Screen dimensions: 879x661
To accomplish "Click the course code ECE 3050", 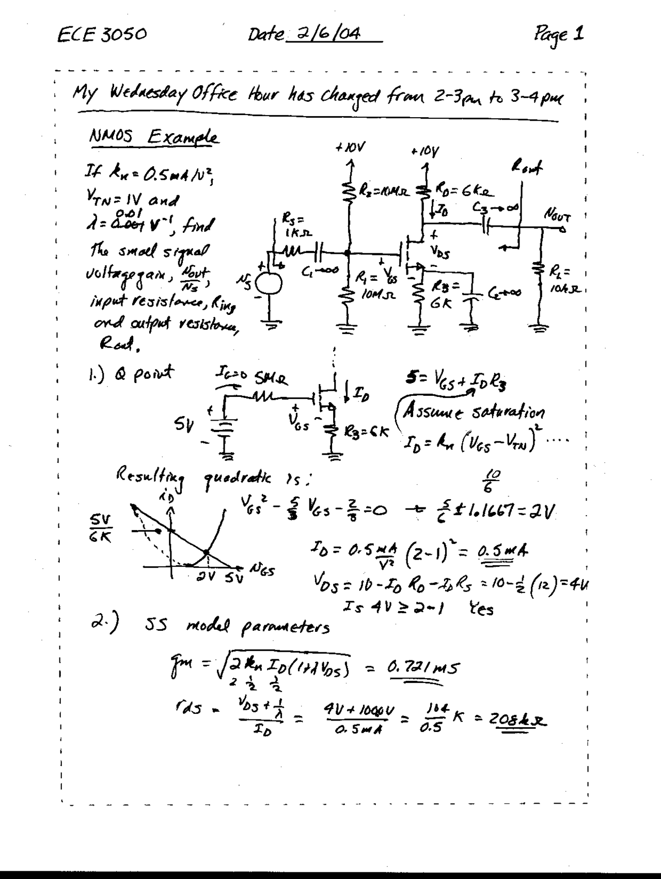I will coord(102,35).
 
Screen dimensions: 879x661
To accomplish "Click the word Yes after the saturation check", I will coord(481,609).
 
